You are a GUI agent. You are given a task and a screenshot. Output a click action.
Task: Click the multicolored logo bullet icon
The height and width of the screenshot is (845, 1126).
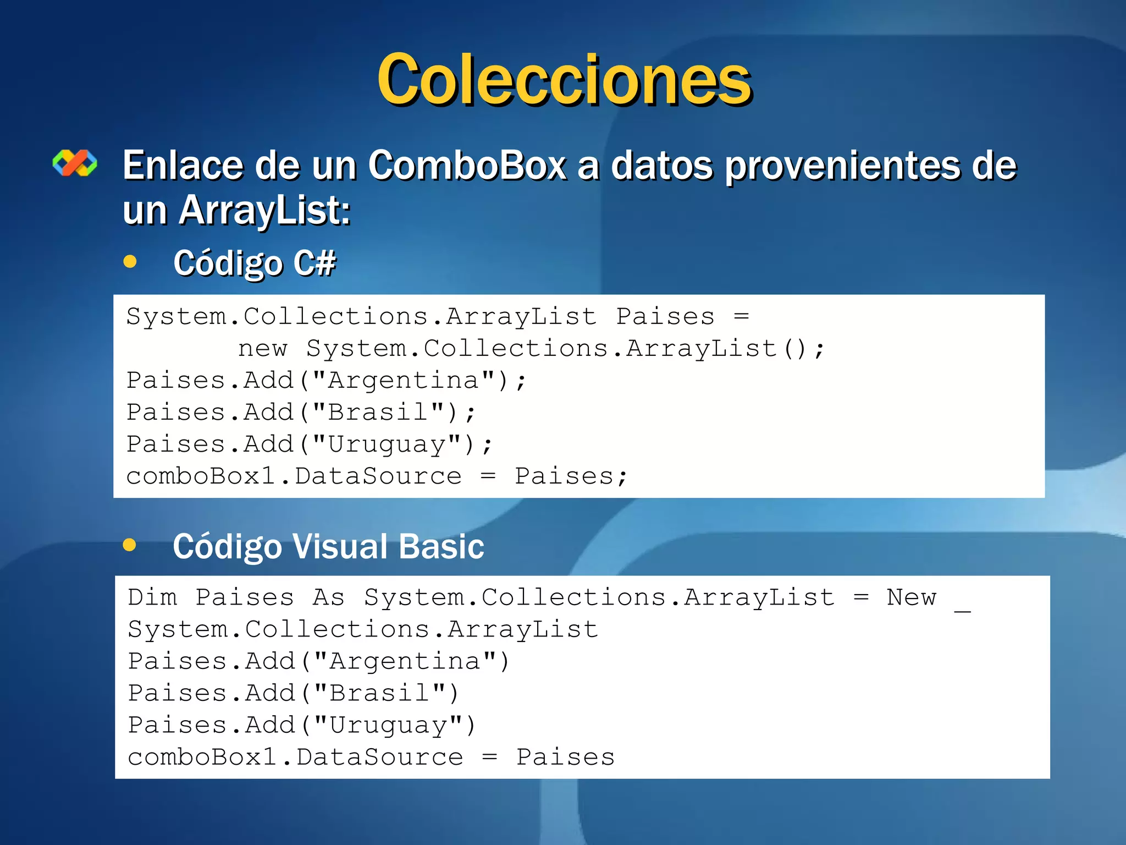[x=75, y=163]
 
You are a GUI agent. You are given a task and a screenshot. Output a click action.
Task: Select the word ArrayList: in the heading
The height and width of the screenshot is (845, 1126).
[x=264, y=210]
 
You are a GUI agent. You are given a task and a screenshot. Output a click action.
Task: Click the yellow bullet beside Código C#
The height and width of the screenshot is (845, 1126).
[x=130, y=261]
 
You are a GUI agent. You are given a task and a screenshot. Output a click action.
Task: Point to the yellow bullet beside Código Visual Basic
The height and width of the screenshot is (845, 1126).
[x=130, y=545]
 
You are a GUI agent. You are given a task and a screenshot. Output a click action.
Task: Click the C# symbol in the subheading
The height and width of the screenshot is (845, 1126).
[x=314, y=263]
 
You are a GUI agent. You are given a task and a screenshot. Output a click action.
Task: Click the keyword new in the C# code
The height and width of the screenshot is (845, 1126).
[x=262, y=349]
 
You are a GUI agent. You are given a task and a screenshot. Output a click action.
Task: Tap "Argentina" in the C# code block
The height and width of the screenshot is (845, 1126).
[x=404, y=381]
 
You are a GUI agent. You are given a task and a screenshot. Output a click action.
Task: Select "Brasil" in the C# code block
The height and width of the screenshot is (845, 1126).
[x=378, y=413]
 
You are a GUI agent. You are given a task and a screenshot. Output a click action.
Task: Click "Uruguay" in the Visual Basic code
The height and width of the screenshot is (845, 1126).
[x=388, y=725]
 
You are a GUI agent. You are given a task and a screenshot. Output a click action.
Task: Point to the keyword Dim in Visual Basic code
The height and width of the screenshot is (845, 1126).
[x=152, y=597]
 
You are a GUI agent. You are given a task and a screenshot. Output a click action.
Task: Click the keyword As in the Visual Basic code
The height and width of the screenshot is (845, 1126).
[x=328, y=597]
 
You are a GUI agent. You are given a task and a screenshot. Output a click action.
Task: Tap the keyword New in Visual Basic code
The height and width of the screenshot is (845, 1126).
[x=911, y=597]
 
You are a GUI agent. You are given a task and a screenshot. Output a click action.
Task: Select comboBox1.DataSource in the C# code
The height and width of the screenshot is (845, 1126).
[x=294, y=476]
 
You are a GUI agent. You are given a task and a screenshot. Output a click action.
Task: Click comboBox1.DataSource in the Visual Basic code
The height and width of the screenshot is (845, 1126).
[x=295, y=758]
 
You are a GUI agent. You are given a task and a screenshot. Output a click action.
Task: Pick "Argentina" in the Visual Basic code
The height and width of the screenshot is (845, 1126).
[x=405, y=661]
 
